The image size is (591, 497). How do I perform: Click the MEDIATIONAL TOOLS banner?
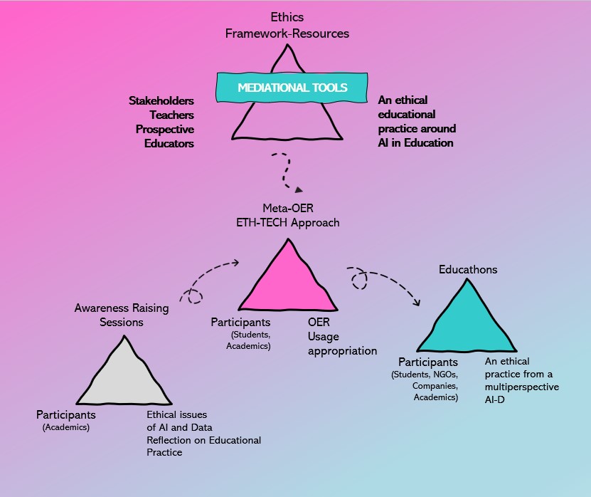tap(292, 88)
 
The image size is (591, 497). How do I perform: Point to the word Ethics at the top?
tap(287, 17)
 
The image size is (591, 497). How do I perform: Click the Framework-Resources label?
tap(287, 33)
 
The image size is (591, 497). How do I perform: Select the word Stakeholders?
tap(161, 101)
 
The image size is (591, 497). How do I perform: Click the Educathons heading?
tap(468, 270)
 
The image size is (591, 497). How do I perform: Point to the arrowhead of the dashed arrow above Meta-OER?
tap(299, 189)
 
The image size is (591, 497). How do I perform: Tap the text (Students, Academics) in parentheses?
tap(248, 340)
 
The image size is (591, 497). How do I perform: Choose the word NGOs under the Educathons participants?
tap(444, 375)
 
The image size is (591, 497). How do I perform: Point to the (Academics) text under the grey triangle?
tap(66, 428)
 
